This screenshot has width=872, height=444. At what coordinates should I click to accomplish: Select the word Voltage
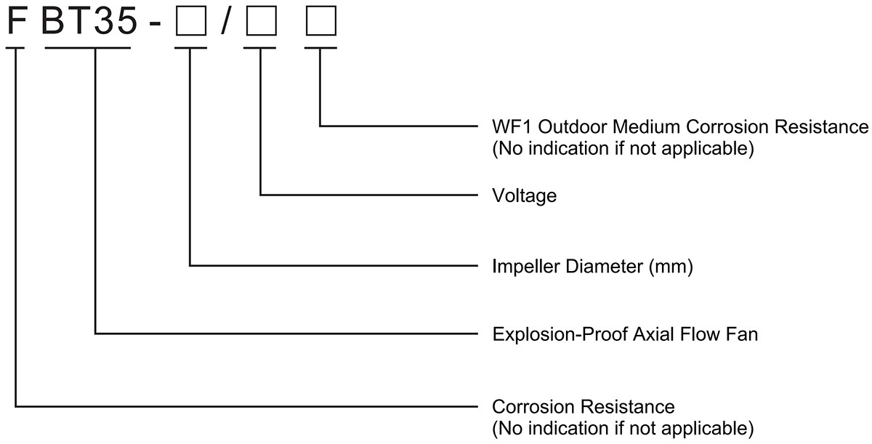click(525, 195)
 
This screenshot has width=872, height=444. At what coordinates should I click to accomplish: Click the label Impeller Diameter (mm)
click(593, 267)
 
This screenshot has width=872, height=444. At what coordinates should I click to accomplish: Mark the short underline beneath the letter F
click(16, 49)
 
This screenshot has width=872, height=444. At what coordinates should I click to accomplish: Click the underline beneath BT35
click(88, 49)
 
